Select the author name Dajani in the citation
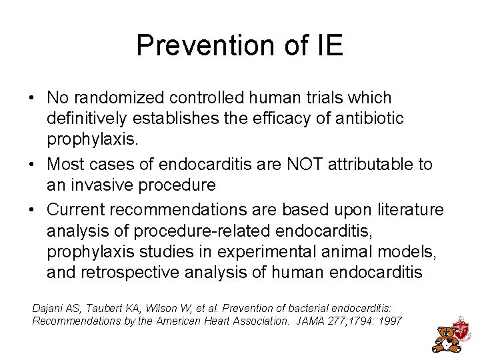47,309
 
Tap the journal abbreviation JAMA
305,321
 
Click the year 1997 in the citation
389,321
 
